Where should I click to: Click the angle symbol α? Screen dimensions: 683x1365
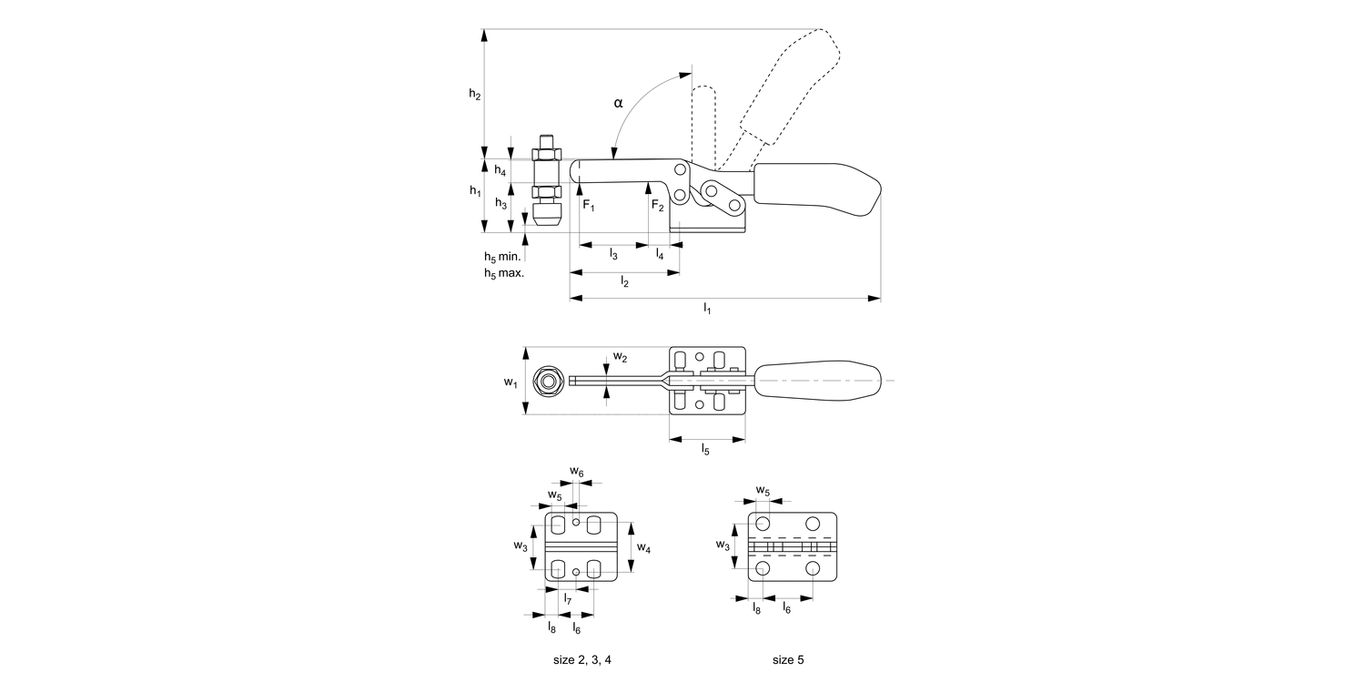click(x=619, y=103)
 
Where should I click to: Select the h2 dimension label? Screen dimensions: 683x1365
click(x=475, y=93)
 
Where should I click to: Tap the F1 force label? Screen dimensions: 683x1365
click(x=589, y=206)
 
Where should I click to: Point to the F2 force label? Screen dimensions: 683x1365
click(x=657, y=206)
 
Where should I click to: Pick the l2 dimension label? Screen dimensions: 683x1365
click(x=624, y=282)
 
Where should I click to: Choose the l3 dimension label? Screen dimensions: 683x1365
click(x=614, y=255)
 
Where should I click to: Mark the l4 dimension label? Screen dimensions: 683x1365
click(x=660, y=255)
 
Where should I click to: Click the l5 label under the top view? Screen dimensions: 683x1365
click(x=706, y=448)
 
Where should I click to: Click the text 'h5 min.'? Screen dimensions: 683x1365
click(x=501, y=258)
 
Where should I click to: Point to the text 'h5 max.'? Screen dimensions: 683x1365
click(x=503, y=273)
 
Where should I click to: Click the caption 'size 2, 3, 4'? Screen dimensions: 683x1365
click(x=583, y=658)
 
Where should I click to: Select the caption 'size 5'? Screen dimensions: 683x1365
click(x=788, y=658)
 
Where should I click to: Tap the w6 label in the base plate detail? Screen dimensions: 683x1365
click(x=577, y=472)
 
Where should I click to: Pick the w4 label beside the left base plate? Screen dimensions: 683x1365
click(x=643, y=547)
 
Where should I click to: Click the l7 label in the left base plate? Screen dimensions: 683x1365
click(x=568, y=599)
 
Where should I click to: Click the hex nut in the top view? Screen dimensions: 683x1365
click(x=548, y=382)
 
